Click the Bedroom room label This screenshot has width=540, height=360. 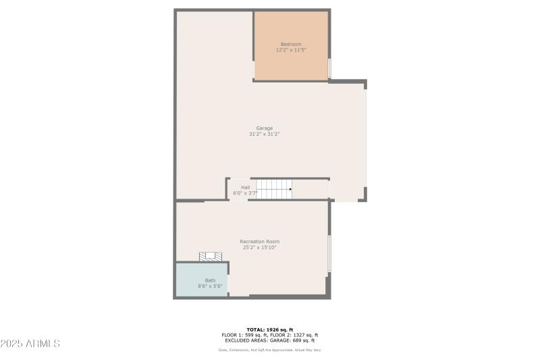[291, 45]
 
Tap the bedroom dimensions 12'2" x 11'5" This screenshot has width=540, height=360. [291, 50]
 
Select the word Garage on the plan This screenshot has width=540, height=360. [264, 128]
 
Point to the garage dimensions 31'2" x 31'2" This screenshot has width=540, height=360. [264, 134]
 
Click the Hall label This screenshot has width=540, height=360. [245, 188]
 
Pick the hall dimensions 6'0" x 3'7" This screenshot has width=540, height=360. [245, 193]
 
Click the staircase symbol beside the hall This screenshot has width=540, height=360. [274, 189]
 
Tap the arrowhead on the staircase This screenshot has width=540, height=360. [290, 189]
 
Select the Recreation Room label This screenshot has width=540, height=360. [259, 242]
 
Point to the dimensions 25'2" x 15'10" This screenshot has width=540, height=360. [259, 247]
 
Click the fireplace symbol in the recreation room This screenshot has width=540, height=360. [211, 256]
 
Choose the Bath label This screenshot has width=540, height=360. [211, 280]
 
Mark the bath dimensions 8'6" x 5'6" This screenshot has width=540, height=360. [211, 286]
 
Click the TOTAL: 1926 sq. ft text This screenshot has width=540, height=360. [269, 330]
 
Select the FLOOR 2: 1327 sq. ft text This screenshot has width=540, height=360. [294, 335]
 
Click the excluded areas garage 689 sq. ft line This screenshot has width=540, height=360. [269, 340]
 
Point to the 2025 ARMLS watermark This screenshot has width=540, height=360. [31, 344]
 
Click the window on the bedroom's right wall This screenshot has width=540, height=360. [329, 68]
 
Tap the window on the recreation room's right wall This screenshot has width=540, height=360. [329, 253]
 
